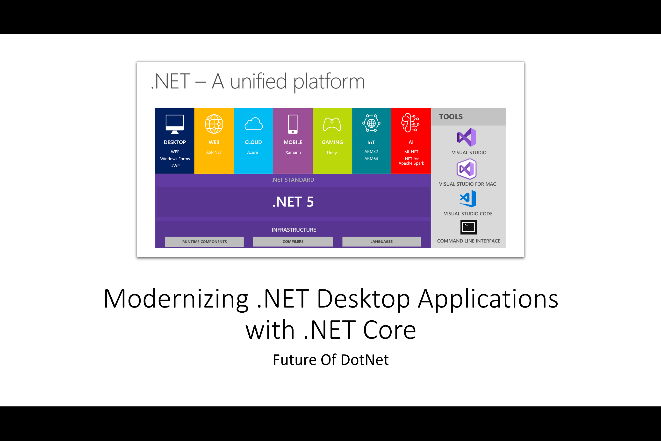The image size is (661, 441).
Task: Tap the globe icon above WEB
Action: pyautogui.click(x=214, y=124)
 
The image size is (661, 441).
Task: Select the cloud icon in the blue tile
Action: pyautogui.click(x=253, y=124)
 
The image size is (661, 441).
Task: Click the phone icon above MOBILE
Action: pyautogui.click(x=293, y=124)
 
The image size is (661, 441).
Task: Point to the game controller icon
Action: pyautogui.click(x=332, y=124)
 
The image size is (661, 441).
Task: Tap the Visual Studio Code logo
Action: pyautogui.click(x=468, y=198)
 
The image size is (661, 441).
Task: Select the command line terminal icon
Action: pyautogui.click(x=468, y=227)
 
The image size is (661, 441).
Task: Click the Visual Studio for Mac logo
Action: pyautogui.click(x=467, y=169)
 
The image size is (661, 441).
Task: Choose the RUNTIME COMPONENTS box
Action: pyautogui.click(x=204, y=242)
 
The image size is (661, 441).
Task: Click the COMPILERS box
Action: pyautogui.click(x=293, y=241)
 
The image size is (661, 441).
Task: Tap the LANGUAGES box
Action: pyautogui.click(x=381, y=241)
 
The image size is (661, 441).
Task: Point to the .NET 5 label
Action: pyautogui.click(x=293, y=202)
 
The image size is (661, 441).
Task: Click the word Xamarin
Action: pyautogui.click(x=293, y=152)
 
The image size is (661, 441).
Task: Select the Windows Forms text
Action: pyautogui.click(x=175, y=159)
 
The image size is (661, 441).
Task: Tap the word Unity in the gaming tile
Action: pyautogui.click(x=332, y=153)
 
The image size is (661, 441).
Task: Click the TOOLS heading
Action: pyautogui.click(x=451, y=117)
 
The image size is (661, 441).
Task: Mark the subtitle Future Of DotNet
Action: pyautogui.click(x=331, y=360)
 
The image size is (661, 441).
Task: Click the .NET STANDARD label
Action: pyautogui.click(x=293, y=180)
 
